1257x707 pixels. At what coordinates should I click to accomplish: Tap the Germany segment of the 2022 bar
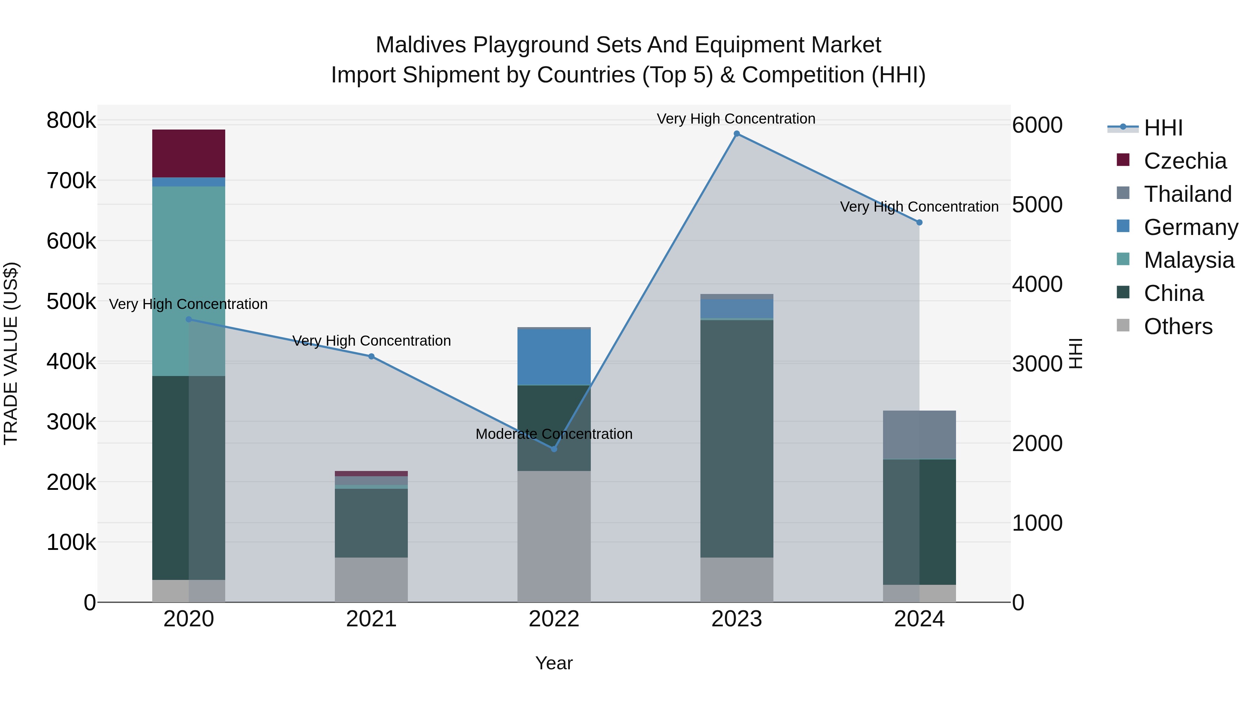tap(554, 357)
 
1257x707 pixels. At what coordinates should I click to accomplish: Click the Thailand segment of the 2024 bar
tap(919, 435)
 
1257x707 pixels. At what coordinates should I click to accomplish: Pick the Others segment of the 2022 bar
tap(554, 536)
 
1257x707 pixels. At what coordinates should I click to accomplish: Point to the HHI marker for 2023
tap(737, 134)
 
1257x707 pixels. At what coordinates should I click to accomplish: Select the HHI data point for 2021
tap(372, 357)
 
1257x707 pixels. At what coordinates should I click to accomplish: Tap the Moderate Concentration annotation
tap(554, 434)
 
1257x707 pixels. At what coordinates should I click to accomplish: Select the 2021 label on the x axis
tap(372, 619)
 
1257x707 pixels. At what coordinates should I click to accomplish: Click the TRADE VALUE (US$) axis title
tap(11, 353)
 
